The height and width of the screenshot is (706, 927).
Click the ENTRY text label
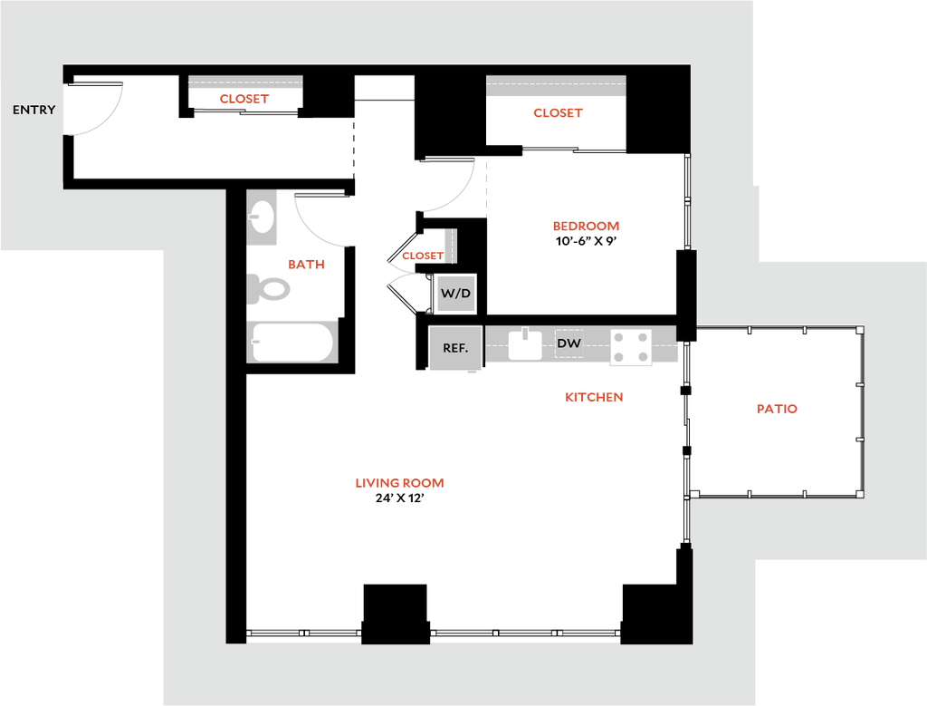pyautogui.click(x=33, y=110)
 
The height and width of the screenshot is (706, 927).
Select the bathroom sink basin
pyautogui.click(x=263, y=218)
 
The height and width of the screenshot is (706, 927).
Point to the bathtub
pyautogui.click(x=291, y=343)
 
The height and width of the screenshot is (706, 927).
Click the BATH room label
pyautogui.click(x=306, y=265)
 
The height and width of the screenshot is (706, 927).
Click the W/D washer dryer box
pyautogui.click(x=455, y=294)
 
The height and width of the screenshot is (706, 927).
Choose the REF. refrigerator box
pyautogui.click(x=455, y=348)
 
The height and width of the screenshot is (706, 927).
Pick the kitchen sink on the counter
pyautogui.click(x=525, y=344)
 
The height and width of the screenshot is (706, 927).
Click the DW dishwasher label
pyautogui.click(x=569, y=343)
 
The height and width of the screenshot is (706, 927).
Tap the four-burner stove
pyautogui.click(x=631, y=345)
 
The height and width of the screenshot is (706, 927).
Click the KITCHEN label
pyautogui.click(x=594, y=397)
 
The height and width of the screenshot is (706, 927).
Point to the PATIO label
pyautogui.click(x=778, y=409)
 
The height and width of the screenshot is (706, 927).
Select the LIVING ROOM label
pyautogui.click(x=399, y=483)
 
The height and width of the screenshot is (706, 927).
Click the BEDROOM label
pyautogui.click(x=586, y=227)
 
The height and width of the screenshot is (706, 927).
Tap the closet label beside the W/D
pyautogui.click(x=421, y=256)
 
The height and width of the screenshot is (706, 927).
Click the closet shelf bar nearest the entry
pyautogui.click(x=245, y=82)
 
